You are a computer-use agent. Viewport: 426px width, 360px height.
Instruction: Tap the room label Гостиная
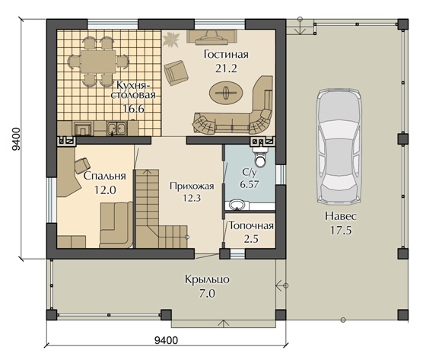(226, 54)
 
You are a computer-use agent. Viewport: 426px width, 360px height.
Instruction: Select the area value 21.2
(226, 68)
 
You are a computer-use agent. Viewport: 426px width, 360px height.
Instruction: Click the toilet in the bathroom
(261, 157)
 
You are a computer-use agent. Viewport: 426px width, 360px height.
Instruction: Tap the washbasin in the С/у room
(237, 205)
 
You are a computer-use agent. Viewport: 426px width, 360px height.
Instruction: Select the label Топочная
(251, 226)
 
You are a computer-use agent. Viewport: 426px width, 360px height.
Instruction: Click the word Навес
(341, 216)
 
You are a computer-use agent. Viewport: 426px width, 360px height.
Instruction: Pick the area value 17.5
(341, 231)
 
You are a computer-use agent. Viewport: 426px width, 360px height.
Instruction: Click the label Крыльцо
(207, 279)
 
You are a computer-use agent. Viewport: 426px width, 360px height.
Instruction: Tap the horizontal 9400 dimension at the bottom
(166, 340)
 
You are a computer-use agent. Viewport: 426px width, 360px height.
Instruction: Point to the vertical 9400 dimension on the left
(16, 139)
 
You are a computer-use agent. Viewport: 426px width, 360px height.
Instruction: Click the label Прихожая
(192, 186)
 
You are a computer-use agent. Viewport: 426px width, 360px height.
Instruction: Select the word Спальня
(105, 176)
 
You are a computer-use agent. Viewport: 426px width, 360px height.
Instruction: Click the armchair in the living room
(176, 72)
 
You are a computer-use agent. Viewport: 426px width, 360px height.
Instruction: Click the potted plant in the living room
(171, 40)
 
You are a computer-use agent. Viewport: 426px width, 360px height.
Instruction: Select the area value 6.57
(249, 185)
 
